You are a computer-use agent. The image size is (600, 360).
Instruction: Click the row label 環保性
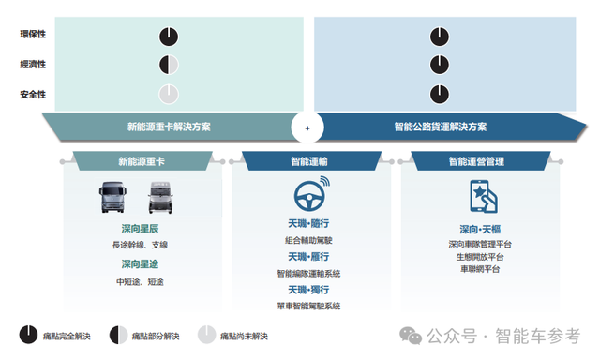[x=33, y=35]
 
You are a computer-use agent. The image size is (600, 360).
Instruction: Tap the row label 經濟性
[x=33, y=65]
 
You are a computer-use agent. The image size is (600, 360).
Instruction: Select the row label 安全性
[x=33, y=95]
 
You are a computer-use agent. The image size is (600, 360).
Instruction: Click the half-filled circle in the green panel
[x=168, y=65]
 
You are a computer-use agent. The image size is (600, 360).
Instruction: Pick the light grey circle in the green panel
[x=168, y=94]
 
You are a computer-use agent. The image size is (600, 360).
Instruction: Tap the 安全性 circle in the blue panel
[x=441, y=94]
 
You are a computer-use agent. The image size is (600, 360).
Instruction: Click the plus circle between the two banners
[x=307, y=127]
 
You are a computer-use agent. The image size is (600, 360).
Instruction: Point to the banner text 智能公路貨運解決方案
[x=441, y=127]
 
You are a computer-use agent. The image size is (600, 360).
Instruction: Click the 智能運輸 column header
[x=308, y=162]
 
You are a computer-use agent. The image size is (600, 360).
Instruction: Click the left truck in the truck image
[x=112, y=199]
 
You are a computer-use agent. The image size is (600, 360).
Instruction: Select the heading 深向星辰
[x=140, y=229]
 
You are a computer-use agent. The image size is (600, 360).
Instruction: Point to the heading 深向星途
[x=140, y=264]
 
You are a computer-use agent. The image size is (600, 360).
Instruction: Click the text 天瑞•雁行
[x=308, y=256]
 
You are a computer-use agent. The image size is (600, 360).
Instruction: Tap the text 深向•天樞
[x=479, y=229]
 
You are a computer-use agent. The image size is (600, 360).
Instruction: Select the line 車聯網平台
[x=479, y=269]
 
